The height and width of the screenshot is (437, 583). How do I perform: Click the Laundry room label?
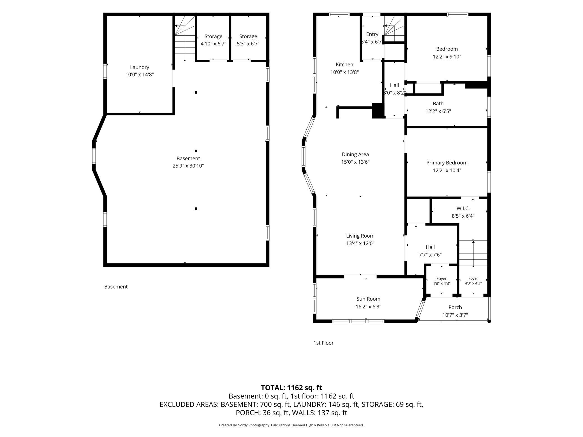pos(140,67)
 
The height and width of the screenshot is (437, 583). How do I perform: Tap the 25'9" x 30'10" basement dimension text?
pos(188,166)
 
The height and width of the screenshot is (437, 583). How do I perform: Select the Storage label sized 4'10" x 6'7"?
pos(213,36)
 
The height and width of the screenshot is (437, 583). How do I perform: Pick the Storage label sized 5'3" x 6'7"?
pos(248,36)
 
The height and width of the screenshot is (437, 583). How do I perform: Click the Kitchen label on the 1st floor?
pos(344,64)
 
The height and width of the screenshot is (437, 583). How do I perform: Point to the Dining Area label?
pos(355,154)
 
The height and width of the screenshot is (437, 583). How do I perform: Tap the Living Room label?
pos(360,236)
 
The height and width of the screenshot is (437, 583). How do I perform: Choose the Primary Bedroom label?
pos(447,163)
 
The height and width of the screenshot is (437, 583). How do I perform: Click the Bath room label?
pos(438,104)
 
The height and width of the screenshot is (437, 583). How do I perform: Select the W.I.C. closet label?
pos(463,208)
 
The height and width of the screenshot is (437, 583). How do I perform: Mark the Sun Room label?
pos(368,299)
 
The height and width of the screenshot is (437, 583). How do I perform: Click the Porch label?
pos(455,307)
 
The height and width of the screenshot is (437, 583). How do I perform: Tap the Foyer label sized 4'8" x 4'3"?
pos(441,278)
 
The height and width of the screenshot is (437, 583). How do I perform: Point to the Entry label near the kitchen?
pos(372,34)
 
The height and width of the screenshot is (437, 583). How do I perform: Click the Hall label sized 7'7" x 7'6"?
pos(430,247)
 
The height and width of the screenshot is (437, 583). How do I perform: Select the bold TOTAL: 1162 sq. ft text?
pos(291,388)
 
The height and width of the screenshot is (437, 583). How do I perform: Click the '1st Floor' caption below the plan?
pos(323,343)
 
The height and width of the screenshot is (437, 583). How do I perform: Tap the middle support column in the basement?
pos(196,151)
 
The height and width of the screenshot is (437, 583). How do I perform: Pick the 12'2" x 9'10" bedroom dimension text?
pos(447,57)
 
